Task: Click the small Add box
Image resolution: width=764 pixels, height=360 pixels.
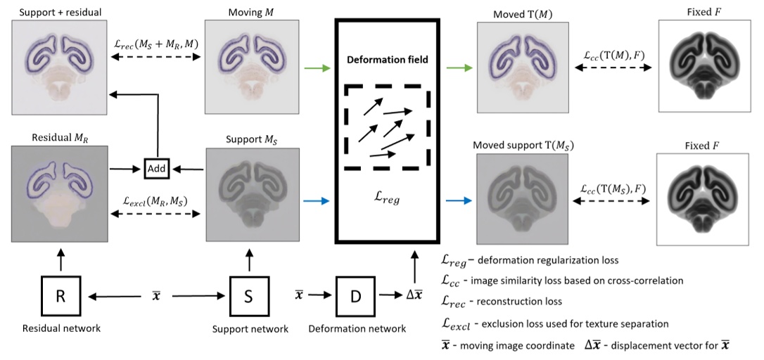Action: pyautogui.click(x=158, y=169)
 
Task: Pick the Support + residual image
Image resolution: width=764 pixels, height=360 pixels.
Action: pyautogui.click(x=59, y=67)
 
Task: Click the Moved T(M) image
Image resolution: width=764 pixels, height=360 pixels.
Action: pyautogui.click(x=521, y=67)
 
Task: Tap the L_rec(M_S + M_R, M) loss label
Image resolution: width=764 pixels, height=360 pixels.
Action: pyautogui.click(x=157, y=44)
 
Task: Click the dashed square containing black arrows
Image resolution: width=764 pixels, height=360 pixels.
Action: pyautogui.click(x=384, y=127)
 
